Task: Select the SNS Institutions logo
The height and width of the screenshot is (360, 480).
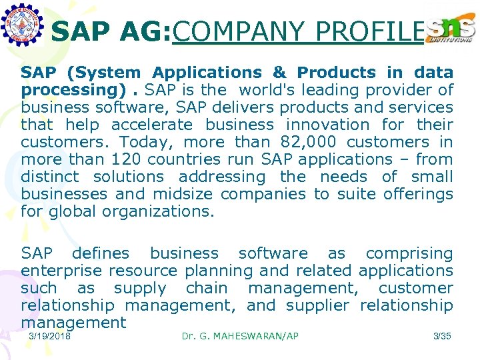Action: (x=451, y=29)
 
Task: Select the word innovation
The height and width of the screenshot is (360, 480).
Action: (x=327, y=125)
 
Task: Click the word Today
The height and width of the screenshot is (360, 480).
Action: (x=147, y=142)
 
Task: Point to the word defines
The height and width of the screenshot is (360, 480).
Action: (x=101, y=253)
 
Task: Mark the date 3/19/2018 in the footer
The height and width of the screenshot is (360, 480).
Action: (x=50, y=336)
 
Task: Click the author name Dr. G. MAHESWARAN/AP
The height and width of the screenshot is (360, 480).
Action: (x=240, y=336)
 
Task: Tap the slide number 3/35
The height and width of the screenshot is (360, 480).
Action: (x=442, y=336)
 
